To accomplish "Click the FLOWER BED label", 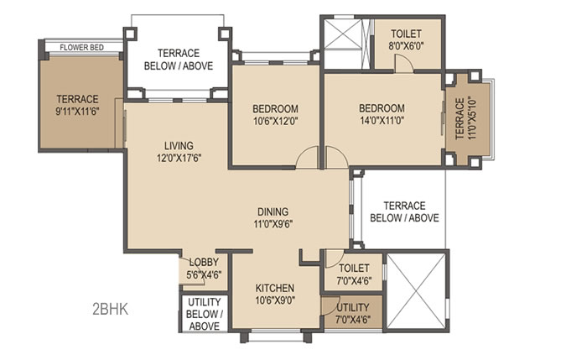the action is (81, 47).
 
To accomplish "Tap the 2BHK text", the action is (110, 310).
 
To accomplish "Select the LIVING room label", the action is (179, 146).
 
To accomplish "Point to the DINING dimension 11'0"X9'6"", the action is (273, 224).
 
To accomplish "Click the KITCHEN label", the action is (275, 288).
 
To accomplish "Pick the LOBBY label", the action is (204, 262).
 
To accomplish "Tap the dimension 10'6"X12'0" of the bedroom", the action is (275, 122).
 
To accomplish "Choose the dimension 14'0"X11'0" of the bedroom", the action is (382, 121).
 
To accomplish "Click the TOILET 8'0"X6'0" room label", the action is (406, 39).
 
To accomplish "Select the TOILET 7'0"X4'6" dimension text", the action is (354, 281).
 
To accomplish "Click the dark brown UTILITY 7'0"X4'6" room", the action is (352, 312).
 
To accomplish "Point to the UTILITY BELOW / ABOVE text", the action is (205, 314).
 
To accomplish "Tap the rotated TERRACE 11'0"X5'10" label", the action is (466, 118).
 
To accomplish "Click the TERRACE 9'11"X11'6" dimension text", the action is (77, 112).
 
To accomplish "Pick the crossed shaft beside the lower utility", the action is (416, 291).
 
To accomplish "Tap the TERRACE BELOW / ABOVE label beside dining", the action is (404, 212).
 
